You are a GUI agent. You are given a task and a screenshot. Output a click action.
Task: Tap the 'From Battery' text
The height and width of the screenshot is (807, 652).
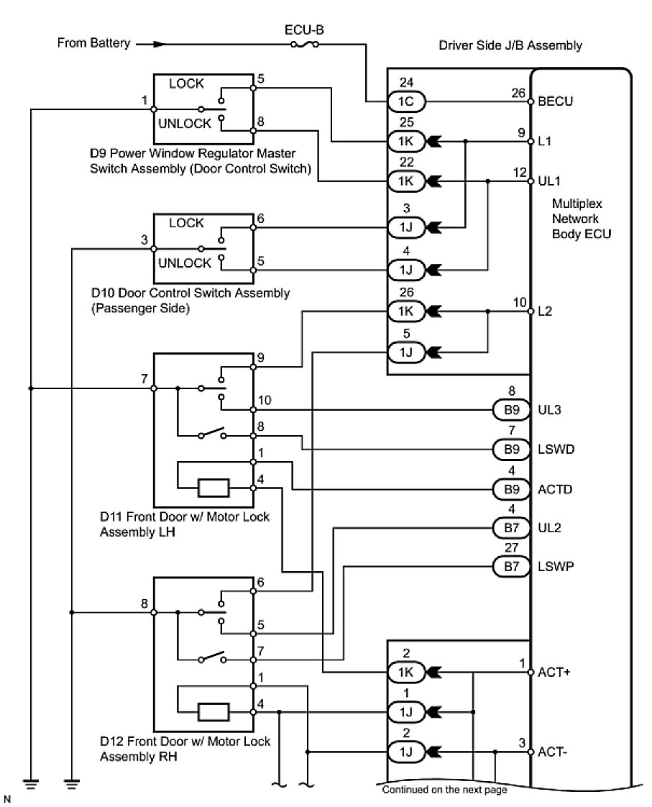(93, 43)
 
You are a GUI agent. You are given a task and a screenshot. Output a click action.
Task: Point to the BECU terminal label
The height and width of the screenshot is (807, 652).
(555, 101)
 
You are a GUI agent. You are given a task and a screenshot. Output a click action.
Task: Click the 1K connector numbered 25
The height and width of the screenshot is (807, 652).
(404, 140)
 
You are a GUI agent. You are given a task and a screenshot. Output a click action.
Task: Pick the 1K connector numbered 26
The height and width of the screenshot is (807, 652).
(404, 312)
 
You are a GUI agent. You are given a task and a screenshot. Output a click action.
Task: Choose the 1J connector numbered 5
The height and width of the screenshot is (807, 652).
(404, 352)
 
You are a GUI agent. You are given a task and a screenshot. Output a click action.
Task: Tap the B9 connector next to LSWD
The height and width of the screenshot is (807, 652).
(509, 450)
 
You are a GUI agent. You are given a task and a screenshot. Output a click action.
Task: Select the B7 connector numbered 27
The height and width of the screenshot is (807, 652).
(509, 567)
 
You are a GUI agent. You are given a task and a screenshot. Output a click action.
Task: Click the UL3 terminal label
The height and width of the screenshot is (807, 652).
(550, 410)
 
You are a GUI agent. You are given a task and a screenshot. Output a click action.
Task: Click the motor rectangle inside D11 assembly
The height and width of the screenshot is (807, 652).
(213, 488)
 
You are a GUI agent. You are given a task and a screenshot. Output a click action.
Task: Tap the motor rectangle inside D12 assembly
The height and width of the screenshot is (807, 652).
(213, 712)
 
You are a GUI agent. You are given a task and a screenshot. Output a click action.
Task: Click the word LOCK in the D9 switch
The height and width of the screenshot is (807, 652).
(186, 84)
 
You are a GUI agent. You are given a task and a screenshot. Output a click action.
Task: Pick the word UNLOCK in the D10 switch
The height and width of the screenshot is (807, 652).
(185, 263)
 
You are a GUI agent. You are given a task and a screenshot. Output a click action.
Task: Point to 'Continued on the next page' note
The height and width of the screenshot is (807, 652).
(444, 790)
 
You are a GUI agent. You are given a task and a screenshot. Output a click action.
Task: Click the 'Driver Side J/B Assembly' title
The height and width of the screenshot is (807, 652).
(510, 45)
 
